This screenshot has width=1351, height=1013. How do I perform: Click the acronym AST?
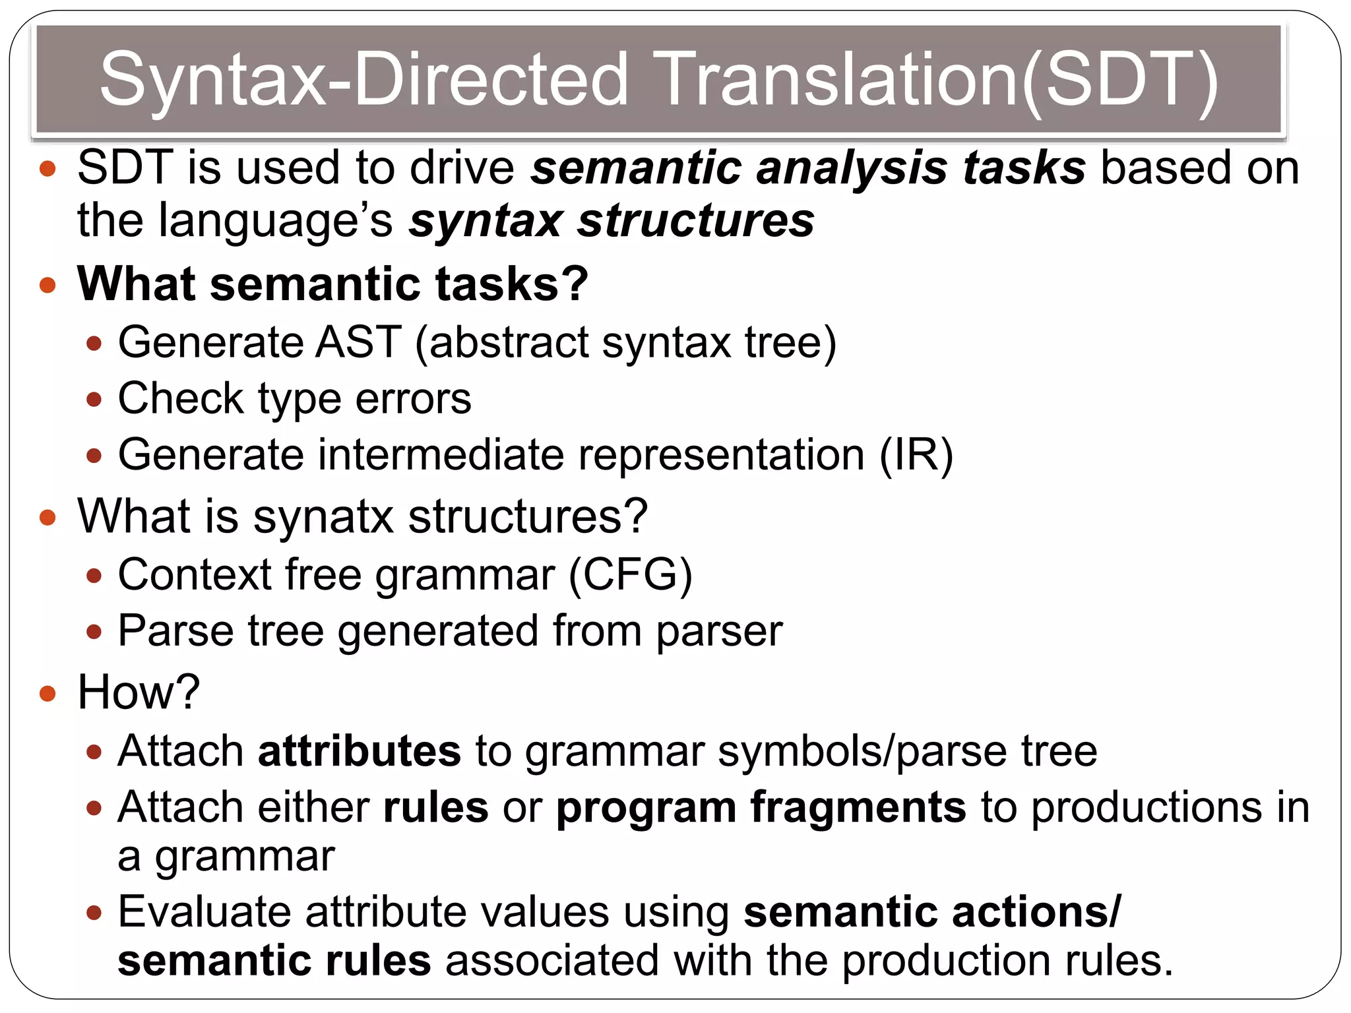click(358, 342)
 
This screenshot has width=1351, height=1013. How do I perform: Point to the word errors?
click(414, 398)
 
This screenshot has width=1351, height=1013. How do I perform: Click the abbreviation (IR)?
click(916, 454)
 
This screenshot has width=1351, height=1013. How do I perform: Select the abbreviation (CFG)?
click(630, 574)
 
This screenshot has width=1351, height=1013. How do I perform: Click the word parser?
click(719, 632)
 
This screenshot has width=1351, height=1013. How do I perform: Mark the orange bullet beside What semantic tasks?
click(47, 286)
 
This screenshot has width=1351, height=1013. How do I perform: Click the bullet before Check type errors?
click(94, 400)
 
